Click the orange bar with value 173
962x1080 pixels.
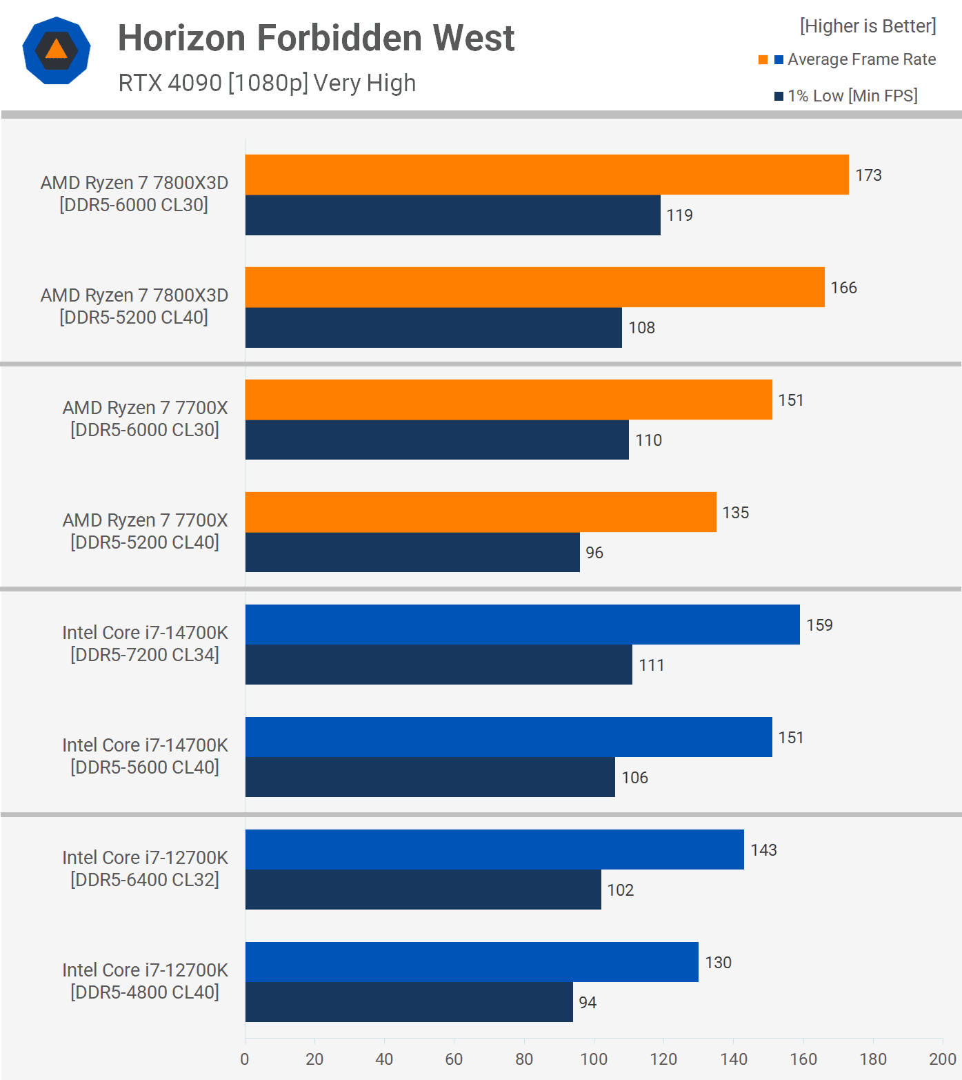(x=547, y=175)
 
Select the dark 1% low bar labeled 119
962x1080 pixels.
(x=452, y=215)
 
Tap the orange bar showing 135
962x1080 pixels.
(x=481, y=512)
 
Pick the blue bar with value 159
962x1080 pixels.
(x=522, y=625)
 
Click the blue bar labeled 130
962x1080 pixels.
(x=472, y=962)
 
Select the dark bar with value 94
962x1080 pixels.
(x=409, y=1002)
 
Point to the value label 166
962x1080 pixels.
(x=843, y=288)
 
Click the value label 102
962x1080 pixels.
(x=620, y=890)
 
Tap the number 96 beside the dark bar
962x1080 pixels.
(x=594, y=553)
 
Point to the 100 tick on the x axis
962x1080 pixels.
(x=594, y=1059)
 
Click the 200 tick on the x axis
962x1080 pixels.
(x=942, y=1059)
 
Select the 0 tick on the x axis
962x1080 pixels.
(x=245, y=1059)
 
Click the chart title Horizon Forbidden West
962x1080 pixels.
(x=316, y=38)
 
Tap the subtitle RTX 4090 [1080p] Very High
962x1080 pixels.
(x=267, y=83)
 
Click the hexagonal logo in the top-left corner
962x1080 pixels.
(x=57, y=50)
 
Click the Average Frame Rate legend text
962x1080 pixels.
(x=861, y=59)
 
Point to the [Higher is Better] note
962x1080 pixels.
(x=868, y=26)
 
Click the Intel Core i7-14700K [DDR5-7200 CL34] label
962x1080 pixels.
(x=145, y=643)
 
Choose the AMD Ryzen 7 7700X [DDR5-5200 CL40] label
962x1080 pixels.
(x=145, y=531)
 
